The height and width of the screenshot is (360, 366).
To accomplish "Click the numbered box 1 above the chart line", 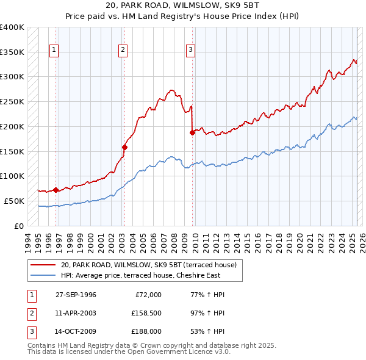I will click(55, 50).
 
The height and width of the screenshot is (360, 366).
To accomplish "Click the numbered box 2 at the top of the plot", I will click(123, 50).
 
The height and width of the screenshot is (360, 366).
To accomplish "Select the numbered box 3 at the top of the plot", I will click(191, 50).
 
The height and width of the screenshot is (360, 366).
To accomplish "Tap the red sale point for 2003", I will click(124, 147).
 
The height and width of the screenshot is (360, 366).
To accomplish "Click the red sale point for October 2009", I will click(192, 132).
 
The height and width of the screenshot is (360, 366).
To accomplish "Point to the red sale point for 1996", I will click(56, 190).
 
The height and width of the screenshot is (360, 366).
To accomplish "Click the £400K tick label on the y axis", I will click(12, 27).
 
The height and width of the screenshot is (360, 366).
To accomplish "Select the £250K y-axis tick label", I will click(12, 102).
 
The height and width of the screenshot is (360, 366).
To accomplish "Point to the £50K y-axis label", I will click(15, 201).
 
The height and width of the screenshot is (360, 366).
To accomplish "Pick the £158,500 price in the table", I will click(146, 313).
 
